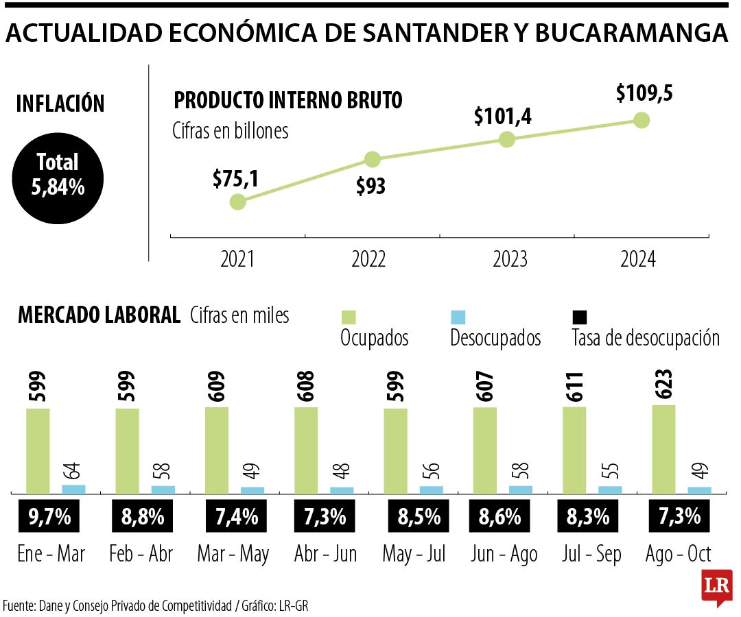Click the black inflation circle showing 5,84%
pos(58,174)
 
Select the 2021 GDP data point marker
pos(237,202)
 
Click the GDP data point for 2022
pos(372,160)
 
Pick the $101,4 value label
pos(502,116)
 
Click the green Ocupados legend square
pos(349,317)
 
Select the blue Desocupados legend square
pos(458,317)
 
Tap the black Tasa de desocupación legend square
pos(579,317)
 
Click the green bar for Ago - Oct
pos(663,449)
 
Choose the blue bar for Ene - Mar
pos(74,489)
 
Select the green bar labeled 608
pos(306,450)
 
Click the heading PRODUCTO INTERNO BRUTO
pos(288,101)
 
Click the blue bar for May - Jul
pos(431,489)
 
